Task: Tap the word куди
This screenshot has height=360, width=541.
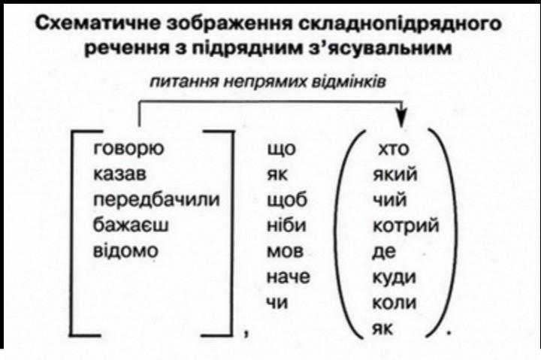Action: click(x=394, y=277)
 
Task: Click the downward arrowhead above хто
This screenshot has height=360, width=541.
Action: click(x=402, y=120)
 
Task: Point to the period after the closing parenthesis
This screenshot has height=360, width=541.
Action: click(x=449, y=331)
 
